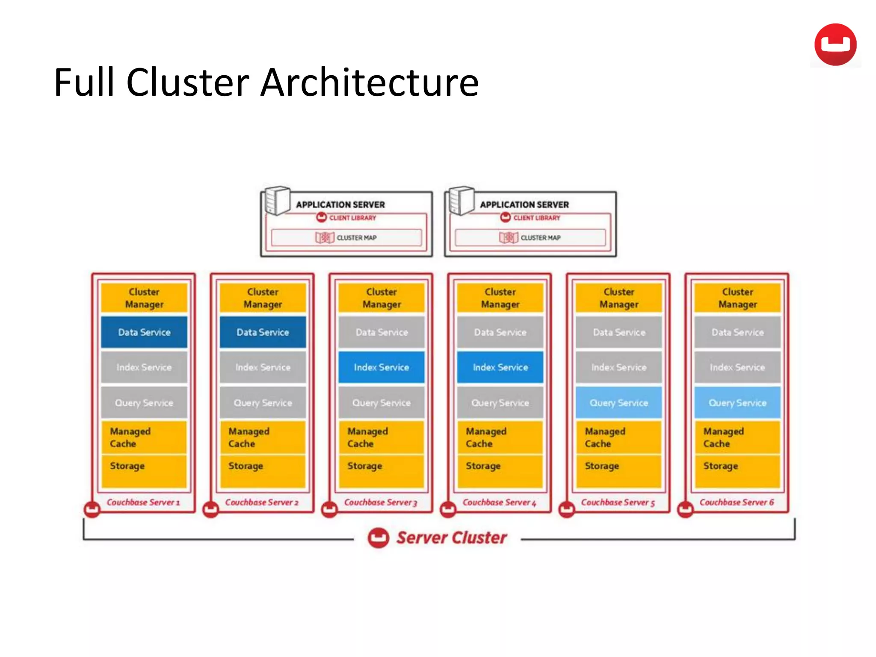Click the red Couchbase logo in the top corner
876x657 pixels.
pos(835,44)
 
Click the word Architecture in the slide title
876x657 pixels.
pos(370,82)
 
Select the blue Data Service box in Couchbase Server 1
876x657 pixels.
pos(144,332)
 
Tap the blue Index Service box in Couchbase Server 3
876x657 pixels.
pos(381,367)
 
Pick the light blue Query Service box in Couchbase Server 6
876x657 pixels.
pos(737,402)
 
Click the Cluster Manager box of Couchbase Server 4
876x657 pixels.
pos(500,298)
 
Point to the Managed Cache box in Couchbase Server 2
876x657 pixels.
pos(263,437)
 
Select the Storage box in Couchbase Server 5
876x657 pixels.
pos(619,471)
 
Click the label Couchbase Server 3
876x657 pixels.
pos(380,502)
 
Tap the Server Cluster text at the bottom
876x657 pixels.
pos(451,538)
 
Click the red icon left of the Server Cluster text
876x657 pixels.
pos(378,538)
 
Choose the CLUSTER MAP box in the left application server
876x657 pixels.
pos(346,237)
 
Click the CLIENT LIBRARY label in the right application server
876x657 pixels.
pos(536,218)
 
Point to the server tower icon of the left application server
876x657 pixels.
pos(277,200)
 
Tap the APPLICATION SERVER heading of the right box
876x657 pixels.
pos(524,204)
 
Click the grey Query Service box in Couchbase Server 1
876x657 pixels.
pos(144,402)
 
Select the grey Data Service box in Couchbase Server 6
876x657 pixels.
pos(737,332)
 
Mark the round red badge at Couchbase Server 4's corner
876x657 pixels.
pos(448,509)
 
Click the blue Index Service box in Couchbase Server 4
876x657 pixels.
pos(500,367)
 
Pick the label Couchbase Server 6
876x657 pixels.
pos(737,502)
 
